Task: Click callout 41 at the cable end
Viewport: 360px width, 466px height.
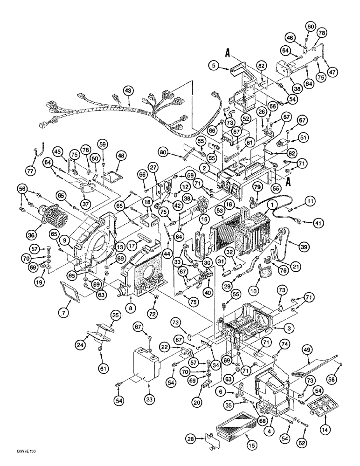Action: click(x=318, y=224)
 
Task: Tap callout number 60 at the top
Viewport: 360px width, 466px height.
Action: click(x=311, y=26)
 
